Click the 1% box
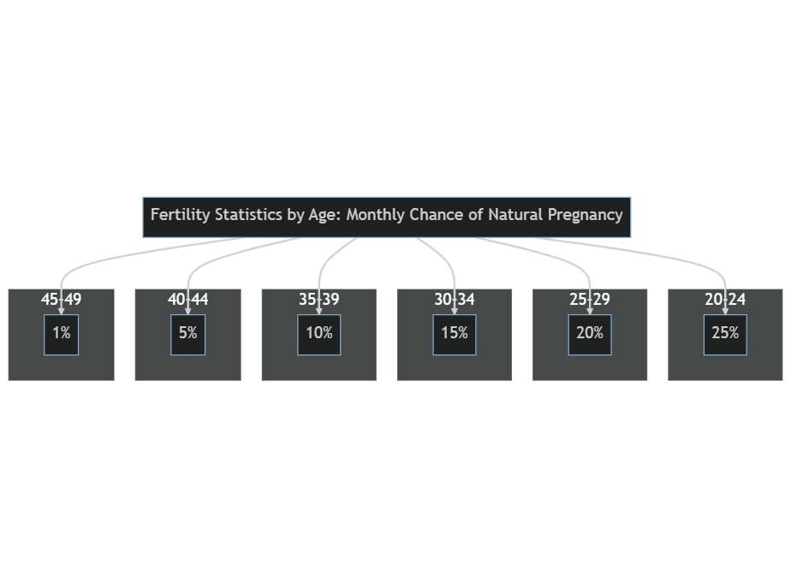tap(61, 335)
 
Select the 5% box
tap(187, 335)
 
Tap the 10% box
tap(318, 335)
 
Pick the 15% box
tap(455, 335)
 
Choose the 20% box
tap(590, 335)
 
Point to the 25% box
tap(725, 335)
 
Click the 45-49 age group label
tap(61, 300)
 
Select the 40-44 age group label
tap(187, 300)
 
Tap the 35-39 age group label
tap(318, 300)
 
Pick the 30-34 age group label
tap(455, 300)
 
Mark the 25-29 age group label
tap(590, 300)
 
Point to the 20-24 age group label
tap(725, 300)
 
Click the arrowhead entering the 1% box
tap(61, 311)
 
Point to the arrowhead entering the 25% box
tap(725, 311)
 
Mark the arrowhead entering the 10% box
tap(318, 311)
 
